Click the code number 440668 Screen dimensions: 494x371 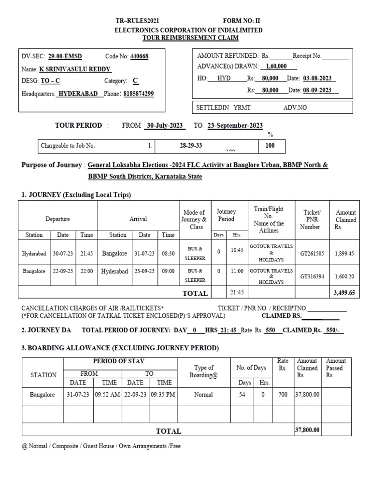click(139, 56)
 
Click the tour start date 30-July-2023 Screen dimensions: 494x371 click(165, 125)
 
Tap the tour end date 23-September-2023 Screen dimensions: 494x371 click(235, 125)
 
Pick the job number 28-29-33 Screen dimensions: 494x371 click(190, 145)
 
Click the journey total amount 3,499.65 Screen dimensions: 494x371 click(345, 292)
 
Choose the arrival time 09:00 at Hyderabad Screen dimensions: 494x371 click(168, 271)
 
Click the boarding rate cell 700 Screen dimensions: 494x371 click(283, 395)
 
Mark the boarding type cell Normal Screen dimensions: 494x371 click(203, 395)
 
